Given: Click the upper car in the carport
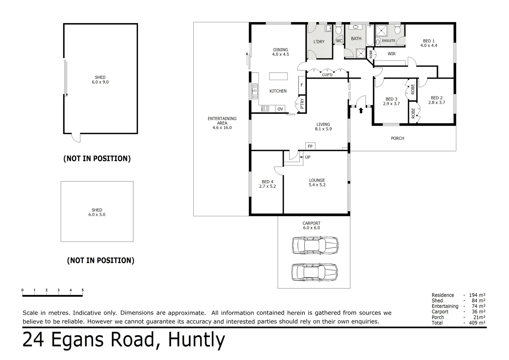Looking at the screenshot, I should (x=315, y=246).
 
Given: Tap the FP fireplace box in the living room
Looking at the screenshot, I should (x=310, y=146).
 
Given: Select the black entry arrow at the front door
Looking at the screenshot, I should (x=361, y=110).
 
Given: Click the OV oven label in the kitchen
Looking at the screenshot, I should (x=280, y=109).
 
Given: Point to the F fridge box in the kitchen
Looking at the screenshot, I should (x=302, y=85).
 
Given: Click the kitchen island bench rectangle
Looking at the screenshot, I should (x=278, y=76).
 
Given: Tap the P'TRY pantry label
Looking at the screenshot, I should (x=302, y=103).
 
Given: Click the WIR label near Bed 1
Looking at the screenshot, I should (x=391, y=54).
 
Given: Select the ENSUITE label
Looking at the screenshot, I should (x=388, y=41).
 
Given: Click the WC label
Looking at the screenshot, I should (x=339, y=41).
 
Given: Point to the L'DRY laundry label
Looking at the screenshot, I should (x=319, y=42).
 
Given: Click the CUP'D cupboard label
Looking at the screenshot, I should (x=327, y=75).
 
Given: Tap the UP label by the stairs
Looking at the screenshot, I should (x=307, y=157).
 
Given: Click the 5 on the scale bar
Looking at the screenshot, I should (x=83, y=290).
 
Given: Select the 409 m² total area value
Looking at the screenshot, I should (x=477, y=323).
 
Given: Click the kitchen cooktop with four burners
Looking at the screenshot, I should (x=265, y=109).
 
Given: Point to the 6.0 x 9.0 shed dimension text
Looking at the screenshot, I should (x=100, y=82).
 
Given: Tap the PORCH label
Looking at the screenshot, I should (x=397, y=138).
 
